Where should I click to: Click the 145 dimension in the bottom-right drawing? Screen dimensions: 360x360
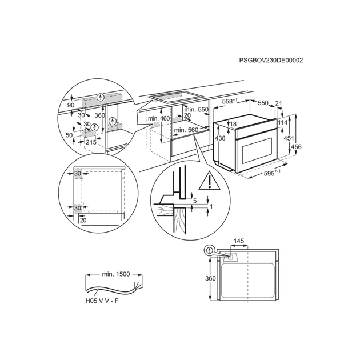tap(239, 242)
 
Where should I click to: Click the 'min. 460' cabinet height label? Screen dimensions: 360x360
tap(159, 118)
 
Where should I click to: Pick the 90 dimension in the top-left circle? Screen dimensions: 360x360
tap(71, 105)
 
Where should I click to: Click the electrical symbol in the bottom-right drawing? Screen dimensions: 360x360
tap(210, 250)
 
